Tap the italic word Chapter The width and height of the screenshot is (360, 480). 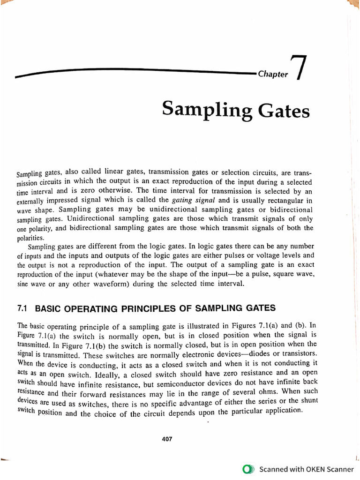click(x=273, y=75)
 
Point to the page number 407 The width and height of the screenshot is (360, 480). click(x=167, y=439)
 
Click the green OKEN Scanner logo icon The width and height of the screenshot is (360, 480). click(x=248, y=469)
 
